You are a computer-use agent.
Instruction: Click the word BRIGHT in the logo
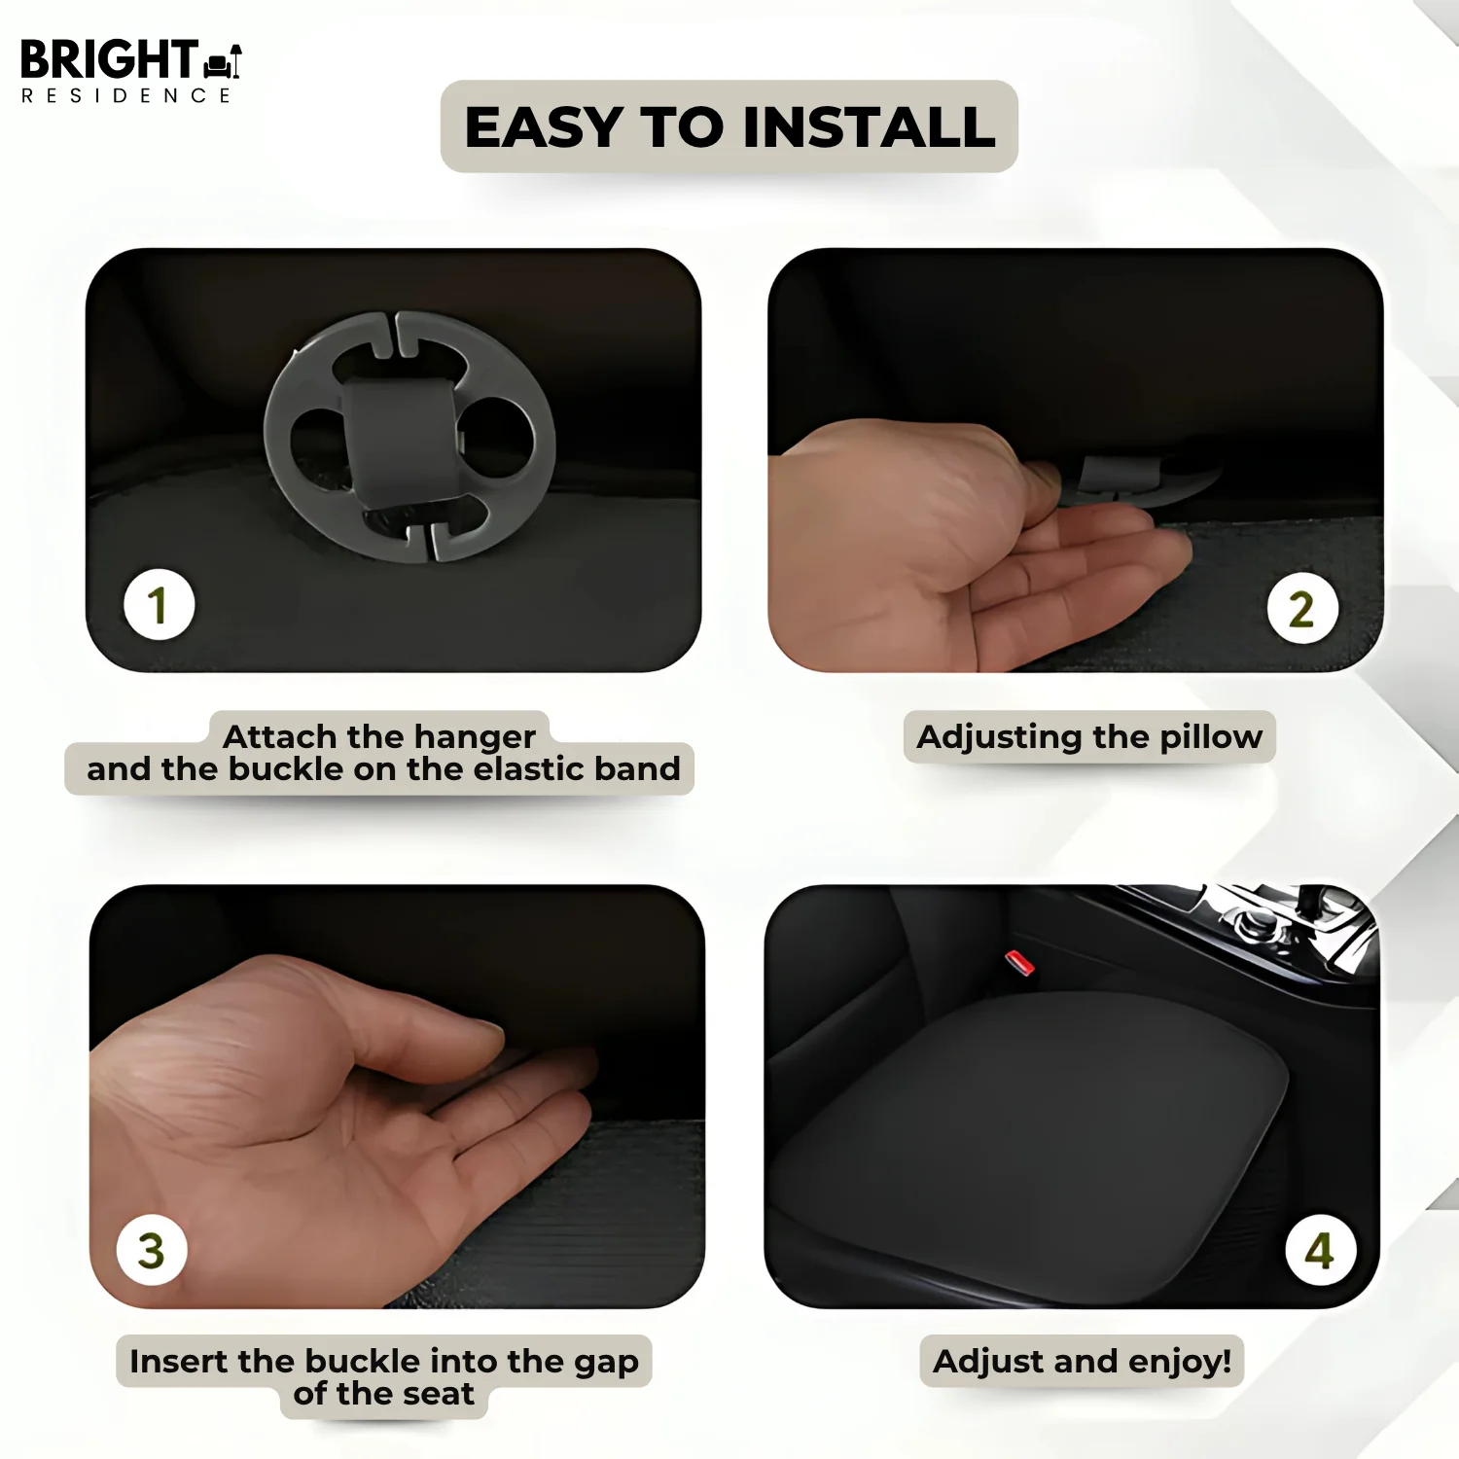109,59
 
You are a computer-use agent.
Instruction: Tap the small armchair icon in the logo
223,61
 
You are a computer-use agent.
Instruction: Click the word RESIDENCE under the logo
125,95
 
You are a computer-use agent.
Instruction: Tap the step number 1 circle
160,604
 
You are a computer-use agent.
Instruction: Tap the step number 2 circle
1302,609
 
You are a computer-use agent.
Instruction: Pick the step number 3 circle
152,1250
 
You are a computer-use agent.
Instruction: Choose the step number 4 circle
1320,1250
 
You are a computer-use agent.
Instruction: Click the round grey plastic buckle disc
409,436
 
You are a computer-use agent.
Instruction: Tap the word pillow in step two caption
1211,737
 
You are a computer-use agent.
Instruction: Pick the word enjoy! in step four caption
1180,1362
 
